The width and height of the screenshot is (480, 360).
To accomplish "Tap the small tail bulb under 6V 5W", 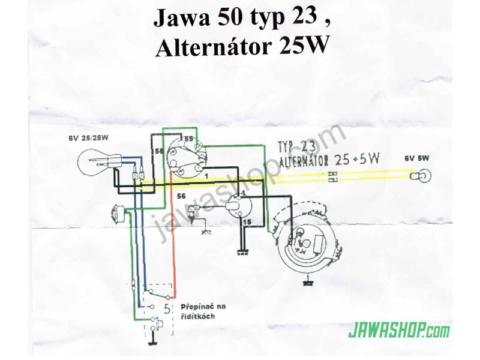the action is click(422, 176).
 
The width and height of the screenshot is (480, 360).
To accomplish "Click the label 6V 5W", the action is click(417, 158).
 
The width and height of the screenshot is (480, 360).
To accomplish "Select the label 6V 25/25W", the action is click(88, 138).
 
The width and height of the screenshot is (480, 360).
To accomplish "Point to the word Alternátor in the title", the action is click(214, 47).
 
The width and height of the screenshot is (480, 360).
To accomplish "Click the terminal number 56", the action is click(182, 196).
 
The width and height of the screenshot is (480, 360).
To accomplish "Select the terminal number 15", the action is click(247, 222).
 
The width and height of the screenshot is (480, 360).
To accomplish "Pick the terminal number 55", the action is click(189, 139).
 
